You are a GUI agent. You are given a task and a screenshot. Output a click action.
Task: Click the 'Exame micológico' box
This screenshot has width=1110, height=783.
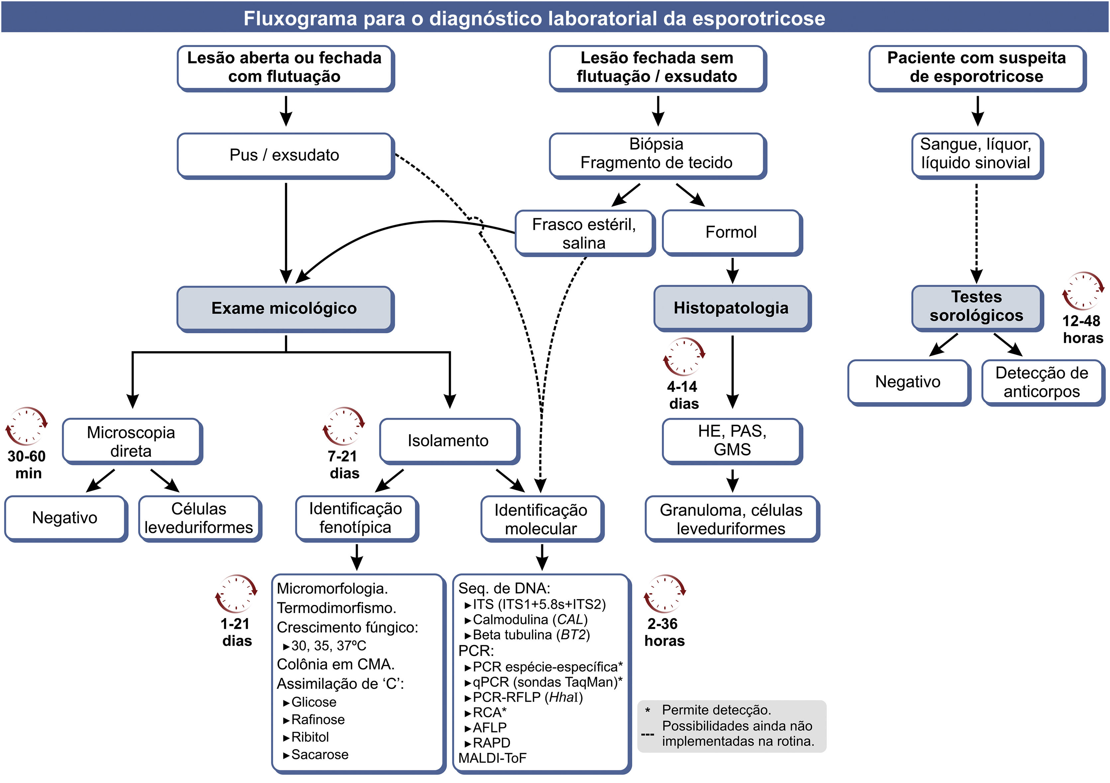point(285,308)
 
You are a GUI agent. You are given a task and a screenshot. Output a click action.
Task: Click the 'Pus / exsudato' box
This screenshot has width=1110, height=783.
point(285,155)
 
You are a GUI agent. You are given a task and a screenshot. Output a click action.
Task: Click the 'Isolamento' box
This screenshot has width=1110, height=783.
point(448,440)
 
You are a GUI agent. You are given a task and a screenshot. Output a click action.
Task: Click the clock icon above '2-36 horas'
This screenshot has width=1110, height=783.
point(665,594)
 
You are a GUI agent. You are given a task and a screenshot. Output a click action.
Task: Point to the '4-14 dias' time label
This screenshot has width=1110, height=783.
point(683,395)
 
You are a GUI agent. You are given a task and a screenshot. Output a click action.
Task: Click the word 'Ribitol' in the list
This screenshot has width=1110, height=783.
point(310,737)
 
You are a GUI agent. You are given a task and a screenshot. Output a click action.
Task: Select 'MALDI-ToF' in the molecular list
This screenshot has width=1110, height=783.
point(492,758)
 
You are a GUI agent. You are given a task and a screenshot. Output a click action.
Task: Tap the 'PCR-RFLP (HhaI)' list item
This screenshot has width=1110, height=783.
point(528,697)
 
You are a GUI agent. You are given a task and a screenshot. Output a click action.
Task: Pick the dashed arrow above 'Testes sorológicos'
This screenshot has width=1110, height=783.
point(976,232)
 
